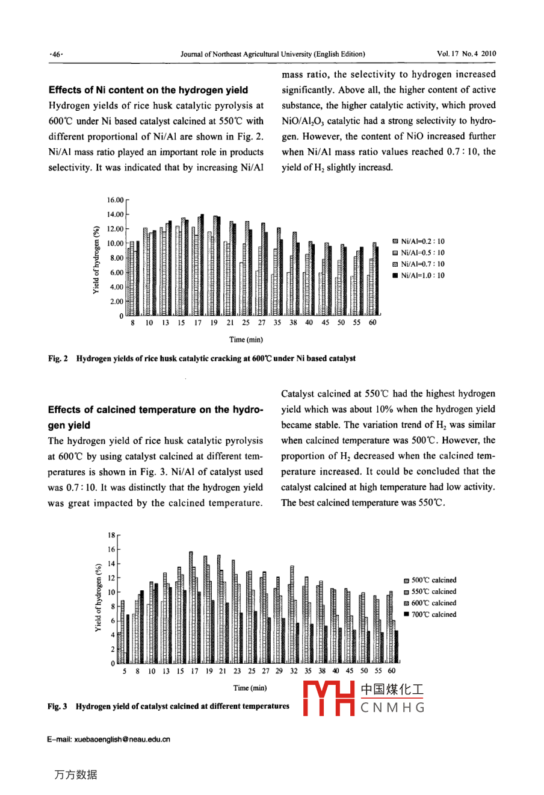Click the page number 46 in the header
coord(57,54)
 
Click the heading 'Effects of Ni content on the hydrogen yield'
coord(148,90)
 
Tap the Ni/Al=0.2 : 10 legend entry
coord(419,242)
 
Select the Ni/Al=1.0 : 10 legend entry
coord(419,276)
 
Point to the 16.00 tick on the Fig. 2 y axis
coord(115,200)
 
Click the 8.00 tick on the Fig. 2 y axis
coord(116,258)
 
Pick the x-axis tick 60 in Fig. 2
coord(372,323)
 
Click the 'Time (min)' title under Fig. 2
coord(246,340)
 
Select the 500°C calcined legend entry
coord(430,580)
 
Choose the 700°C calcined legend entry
coord(430,614)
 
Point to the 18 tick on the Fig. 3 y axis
coord(111,535)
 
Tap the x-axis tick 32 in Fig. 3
coord(294,671)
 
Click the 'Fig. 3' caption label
coord(57,706)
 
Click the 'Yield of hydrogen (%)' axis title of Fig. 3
coord(98,598)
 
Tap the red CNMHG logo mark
coord(328,699)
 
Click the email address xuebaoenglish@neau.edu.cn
coord(108,740)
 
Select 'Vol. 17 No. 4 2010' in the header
coord(466,54)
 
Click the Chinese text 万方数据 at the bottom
coord(75,775)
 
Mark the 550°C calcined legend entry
coord(430,591)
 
